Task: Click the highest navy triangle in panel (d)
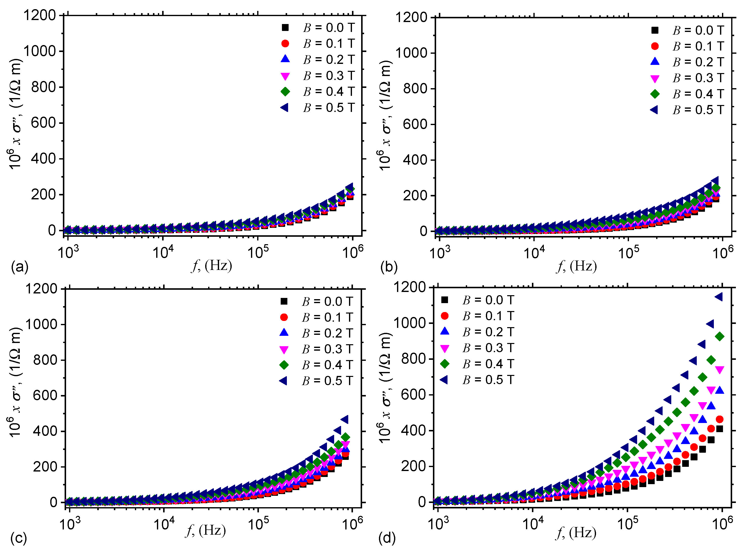719,297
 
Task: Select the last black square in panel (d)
720,429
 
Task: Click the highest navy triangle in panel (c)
344,419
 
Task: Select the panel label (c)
19,538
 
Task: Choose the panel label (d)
387,538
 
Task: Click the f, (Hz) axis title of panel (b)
577,266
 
